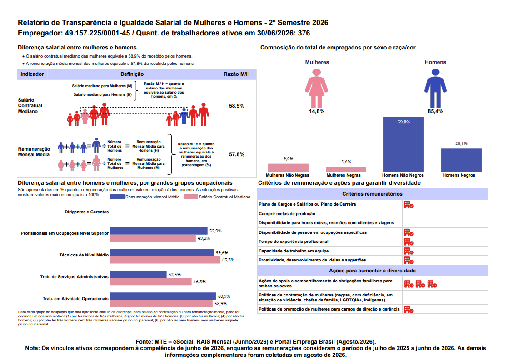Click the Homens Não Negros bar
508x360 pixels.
click(x=403, y=144)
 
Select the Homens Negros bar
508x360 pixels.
click(x=461, y=160)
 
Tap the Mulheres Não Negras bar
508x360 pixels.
click(x=288, y=168)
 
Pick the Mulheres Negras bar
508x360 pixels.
click(x=346, y=169)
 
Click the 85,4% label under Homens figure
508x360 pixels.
click(x=435, y=111)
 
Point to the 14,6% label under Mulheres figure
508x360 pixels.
click(x=317, y=111)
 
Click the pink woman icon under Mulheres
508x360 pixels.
click(x=317, y=88)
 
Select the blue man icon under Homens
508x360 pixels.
click(x=435, y=88)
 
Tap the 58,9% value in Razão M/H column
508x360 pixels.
click(x=236, y=106)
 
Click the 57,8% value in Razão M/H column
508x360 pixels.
click(x=236, y=154)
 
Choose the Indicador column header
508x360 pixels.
click(x=32, y=74)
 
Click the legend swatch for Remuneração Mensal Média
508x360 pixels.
click(x=117, y=197)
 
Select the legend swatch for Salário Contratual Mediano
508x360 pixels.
click(x=191, y=197)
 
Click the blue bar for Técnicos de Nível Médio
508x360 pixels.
click(x=162, y=252)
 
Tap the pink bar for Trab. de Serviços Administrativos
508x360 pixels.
click(x=151, y=281)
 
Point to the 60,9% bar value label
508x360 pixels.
click(x=224, y=296)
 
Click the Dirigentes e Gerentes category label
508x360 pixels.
click(x=86, y=212)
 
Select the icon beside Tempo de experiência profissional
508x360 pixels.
click(x=408, y=242)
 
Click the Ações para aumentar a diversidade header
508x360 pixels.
click(x=372, y=271)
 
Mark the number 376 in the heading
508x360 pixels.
click(x=304, y=33)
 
